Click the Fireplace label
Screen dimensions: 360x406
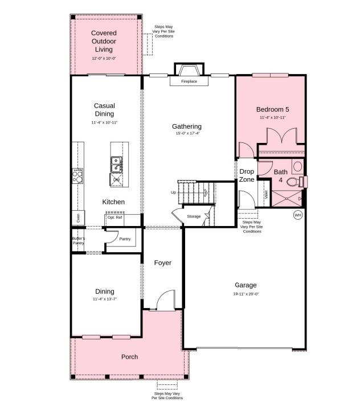[189, 81]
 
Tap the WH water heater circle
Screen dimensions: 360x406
[298, 215]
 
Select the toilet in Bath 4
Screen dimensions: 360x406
[294, 182]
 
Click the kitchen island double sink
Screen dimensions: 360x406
[116, 165]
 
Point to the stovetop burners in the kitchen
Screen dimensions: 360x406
[77, 176]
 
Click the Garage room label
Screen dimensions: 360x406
[246, 285]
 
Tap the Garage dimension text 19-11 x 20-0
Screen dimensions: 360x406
[246, 294]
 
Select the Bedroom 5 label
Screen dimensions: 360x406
[272, 109]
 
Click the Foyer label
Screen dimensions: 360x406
[163, 263]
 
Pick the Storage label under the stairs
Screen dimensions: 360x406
[194, 216]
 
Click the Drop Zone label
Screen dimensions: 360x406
[247, 175]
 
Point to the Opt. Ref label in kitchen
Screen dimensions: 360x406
[114, 218]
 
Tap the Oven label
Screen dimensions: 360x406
[78, 218]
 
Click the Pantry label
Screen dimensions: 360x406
[125, 239]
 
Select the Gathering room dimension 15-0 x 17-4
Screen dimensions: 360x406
[188, 133]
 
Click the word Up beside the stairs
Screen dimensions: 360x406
[174, 192]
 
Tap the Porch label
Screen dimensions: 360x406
[129, 357]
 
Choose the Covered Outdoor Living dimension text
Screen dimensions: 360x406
[104, 58]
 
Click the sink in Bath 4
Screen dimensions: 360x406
[297, 166]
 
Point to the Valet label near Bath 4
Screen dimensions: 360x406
[266, 194]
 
